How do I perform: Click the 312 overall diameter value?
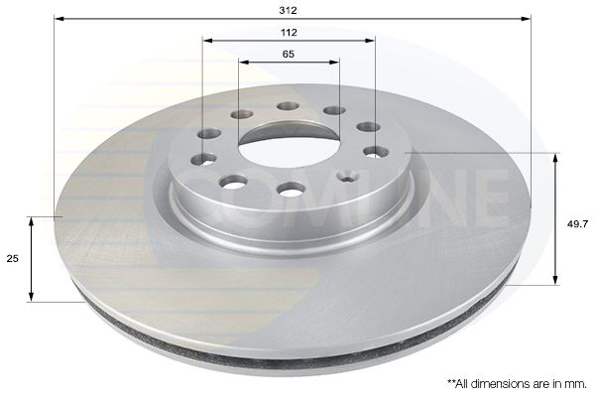289,9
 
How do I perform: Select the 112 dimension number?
289,32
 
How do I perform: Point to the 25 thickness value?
13,258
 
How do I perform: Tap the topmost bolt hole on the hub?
288,106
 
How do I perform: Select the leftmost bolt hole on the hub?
203,159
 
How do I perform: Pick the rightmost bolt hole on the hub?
376,152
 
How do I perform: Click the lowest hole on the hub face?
291,189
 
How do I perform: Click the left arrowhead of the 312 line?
57,18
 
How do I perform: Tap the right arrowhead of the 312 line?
529,18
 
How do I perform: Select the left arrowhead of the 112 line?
205,41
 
